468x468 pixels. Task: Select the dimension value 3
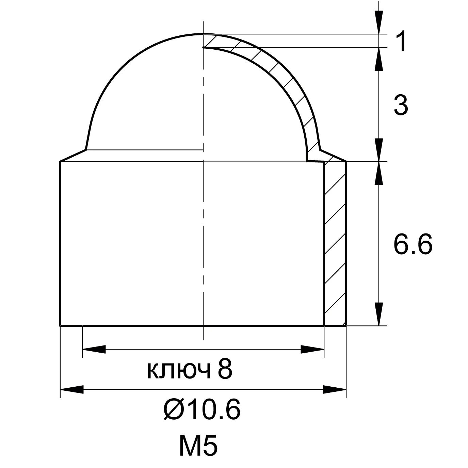pos(401,106)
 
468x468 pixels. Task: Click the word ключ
pos(179,371)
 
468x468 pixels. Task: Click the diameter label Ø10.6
pos(202,410)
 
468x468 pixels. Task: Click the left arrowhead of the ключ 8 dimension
pos(94,349)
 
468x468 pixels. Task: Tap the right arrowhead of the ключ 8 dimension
pos(312,349)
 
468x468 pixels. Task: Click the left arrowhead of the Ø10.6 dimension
pos(72,390)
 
